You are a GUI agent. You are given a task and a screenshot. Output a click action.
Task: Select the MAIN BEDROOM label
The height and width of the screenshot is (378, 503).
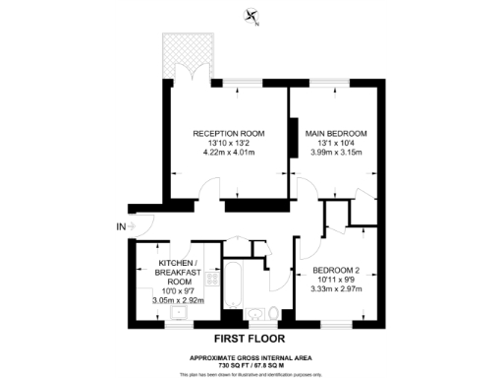click(335, 133)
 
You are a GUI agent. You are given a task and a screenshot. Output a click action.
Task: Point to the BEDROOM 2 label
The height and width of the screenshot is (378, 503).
click(335, 271)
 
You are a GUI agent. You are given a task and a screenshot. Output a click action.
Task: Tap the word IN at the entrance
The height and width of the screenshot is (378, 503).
click(121, 227)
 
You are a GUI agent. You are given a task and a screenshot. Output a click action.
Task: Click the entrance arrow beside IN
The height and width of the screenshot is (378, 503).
click(136, 227)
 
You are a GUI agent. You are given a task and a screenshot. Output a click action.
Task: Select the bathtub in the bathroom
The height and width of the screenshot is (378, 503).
click(236, 286)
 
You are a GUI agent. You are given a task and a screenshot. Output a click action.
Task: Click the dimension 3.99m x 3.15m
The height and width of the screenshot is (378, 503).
click(335, 154)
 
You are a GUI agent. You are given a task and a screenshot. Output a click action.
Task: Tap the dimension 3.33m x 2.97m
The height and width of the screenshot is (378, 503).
click(335, 291)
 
